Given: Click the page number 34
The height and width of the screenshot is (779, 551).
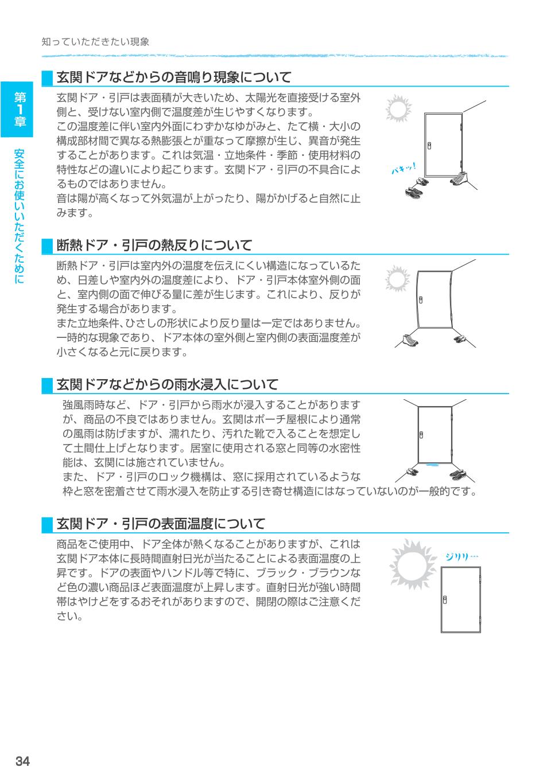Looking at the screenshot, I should click(22, 761).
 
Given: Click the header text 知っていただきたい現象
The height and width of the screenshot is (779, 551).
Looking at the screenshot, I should click(96, 42).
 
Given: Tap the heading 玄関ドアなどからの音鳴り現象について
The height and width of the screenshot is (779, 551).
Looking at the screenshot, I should click(174, 77).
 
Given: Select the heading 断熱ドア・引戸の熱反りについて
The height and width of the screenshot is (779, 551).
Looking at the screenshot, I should click(154, 246).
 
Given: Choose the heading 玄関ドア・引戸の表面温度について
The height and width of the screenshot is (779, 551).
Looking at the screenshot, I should click(161, 524).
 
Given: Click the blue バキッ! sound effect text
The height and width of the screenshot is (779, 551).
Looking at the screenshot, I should click(403, 169).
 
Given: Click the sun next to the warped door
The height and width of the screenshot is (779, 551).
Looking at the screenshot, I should click(395, 279).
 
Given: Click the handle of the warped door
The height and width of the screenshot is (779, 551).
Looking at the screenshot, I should click(421, 300).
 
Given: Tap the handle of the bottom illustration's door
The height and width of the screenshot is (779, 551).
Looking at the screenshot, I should click(445, 599).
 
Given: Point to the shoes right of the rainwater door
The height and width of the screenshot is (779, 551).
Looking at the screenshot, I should click(457, 474).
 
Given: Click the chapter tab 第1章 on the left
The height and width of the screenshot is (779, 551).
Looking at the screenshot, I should click(20, 109).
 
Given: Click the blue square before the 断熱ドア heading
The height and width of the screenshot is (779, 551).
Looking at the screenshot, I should click(47, 246).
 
